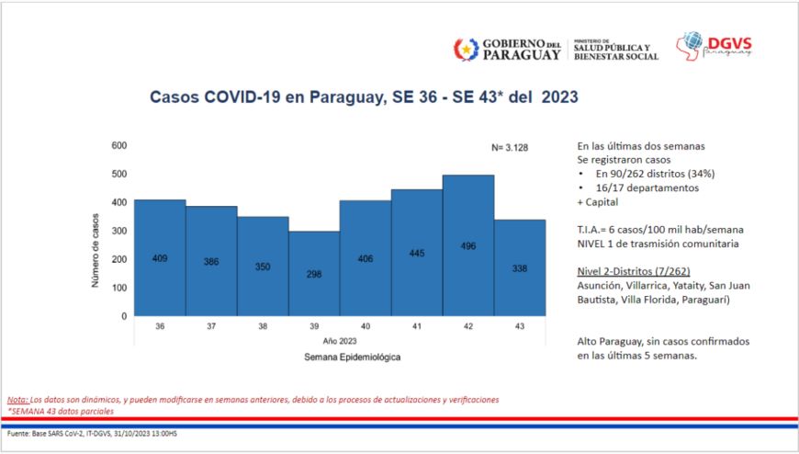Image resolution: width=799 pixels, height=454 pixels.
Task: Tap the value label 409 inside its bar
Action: coord(160,258)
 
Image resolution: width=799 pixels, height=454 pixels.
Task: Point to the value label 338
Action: coord(520,268)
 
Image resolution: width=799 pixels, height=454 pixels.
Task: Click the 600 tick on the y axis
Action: coord(119,145)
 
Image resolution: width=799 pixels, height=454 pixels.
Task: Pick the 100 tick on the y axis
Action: coord(119,288)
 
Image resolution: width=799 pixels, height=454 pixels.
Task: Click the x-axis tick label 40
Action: coord(366,326)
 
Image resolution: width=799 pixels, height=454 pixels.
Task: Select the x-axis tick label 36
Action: coord(160,326)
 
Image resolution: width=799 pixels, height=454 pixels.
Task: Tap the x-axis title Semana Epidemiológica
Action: coord(339,356)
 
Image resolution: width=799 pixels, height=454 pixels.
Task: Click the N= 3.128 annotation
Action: coord(511,148)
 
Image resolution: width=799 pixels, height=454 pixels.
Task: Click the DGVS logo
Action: coord(714,45)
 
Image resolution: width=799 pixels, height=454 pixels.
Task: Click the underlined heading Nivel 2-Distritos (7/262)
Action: coord(634,271)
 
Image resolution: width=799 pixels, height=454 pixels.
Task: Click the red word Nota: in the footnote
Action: coord(17,400)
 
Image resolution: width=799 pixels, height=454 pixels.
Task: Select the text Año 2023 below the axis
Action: coord(339,340)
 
